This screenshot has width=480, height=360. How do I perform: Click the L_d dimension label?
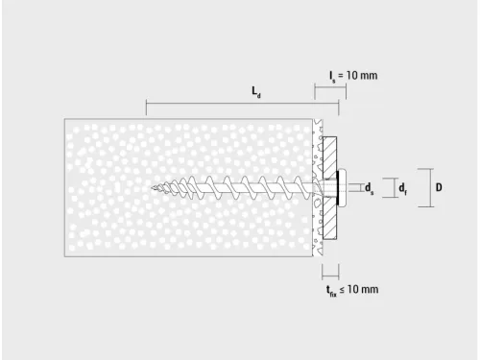(256, 92)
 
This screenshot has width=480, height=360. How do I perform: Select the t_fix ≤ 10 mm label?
(351, 289)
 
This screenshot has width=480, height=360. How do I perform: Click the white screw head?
(343, 187)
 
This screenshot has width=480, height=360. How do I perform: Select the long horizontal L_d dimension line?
(230, 103)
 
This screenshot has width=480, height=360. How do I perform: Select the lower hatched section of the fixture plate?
(330, 221)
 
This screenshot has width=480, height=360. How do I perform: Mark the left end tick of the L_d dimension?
(146, 103)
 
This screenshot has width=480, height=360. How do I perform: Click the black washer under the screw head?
(336, 187)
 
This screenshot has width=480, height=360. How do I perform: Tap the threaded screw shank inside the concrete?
(240, 187)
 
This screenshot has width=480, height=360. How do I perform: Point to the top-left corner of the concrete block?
(64, 118)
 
